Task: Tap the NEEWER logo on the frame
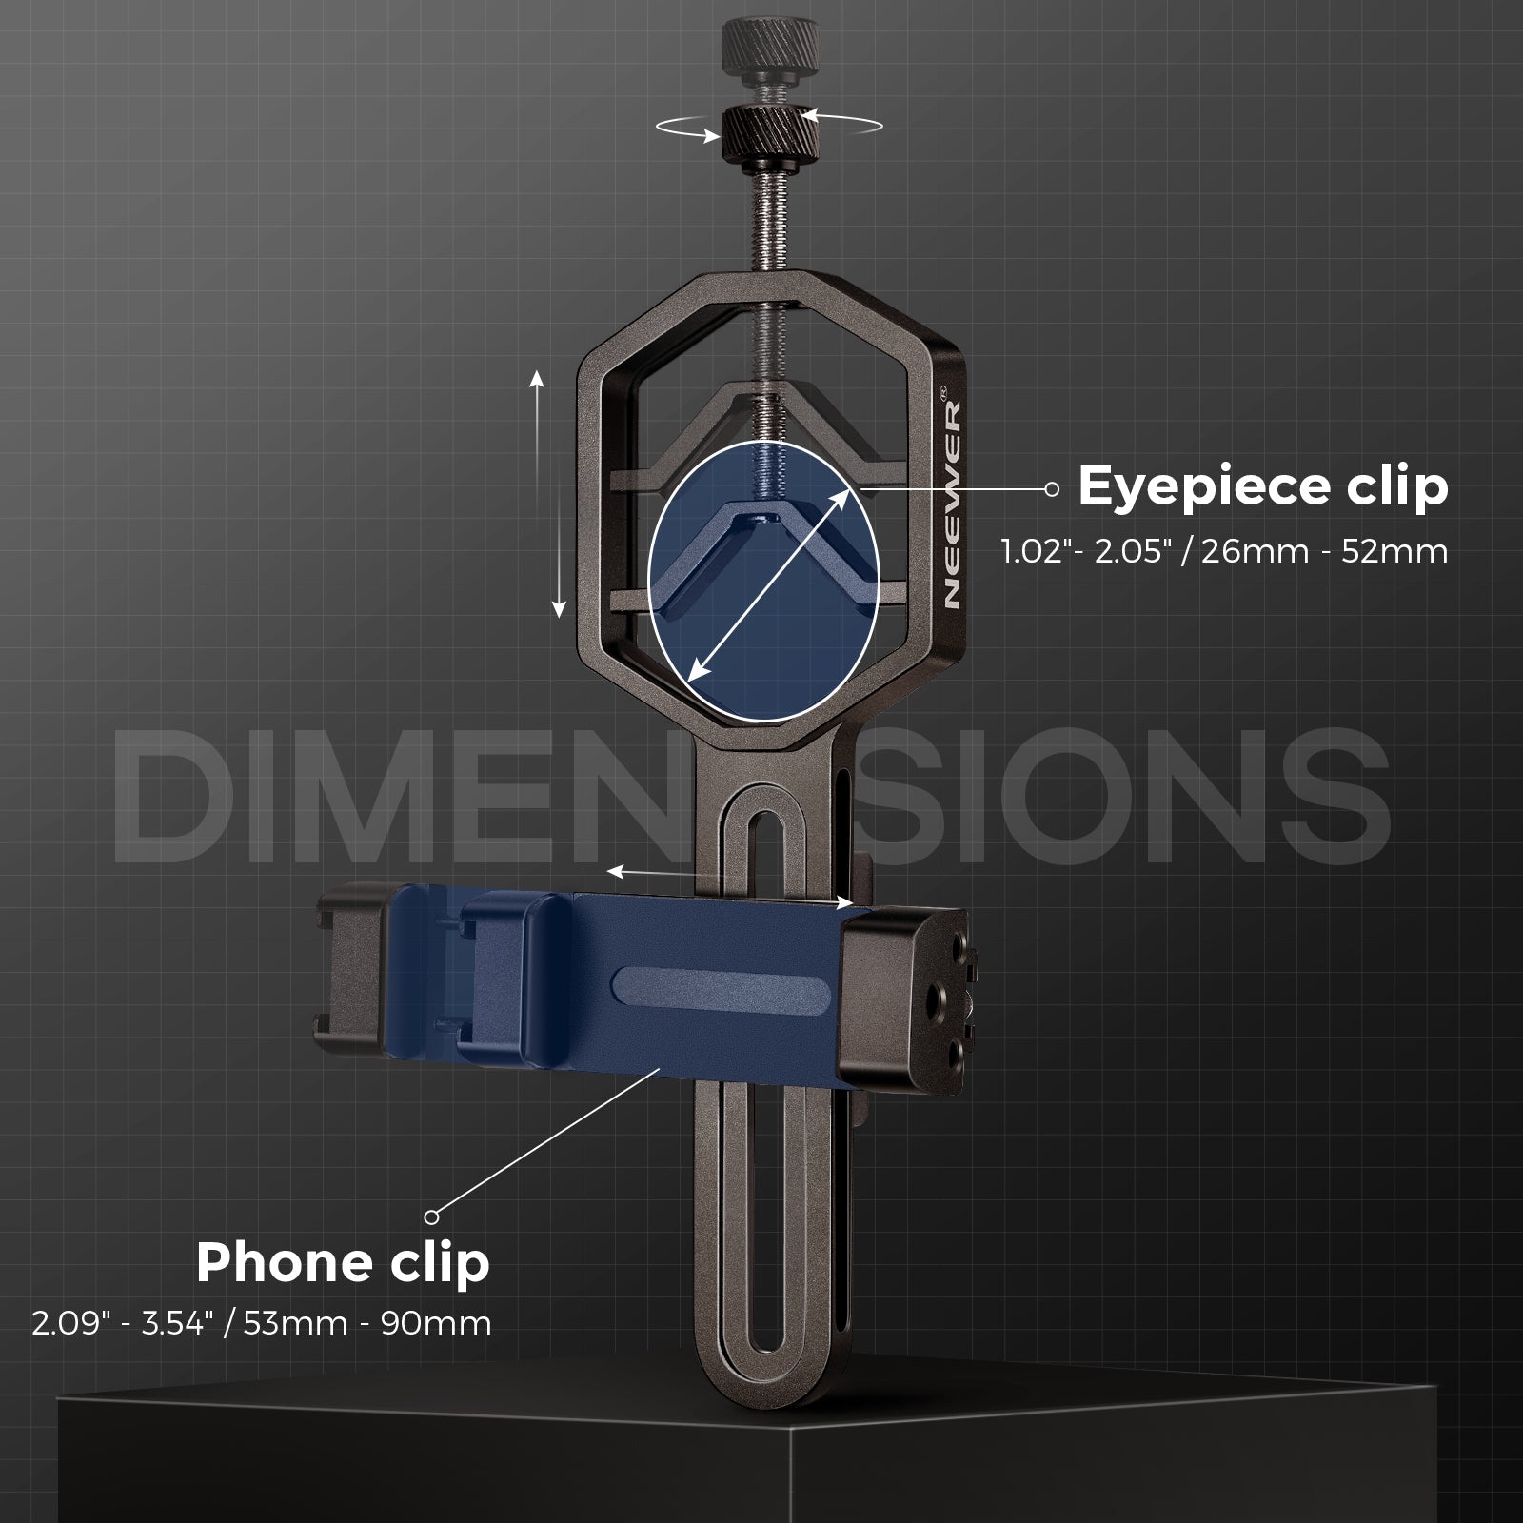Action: [x=953, y=504]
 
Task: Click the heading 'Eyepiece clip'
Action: [x=1262, y=486]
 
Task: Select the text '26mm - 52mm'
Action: [x=1324, y=551]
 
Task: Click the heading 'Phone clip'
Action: [x=343, y=1262]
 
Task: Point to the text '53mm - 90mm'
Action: [x=367, y=1324]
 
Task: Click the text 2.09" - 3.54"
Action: [x=120, y=1324]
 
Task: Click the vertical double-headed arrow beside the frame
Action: [x=548, y=495]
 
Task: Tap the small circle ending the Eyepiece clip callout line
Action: [x=1051, y=488]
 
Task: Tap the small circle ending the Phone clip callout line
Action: [x=431, y=1216]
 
